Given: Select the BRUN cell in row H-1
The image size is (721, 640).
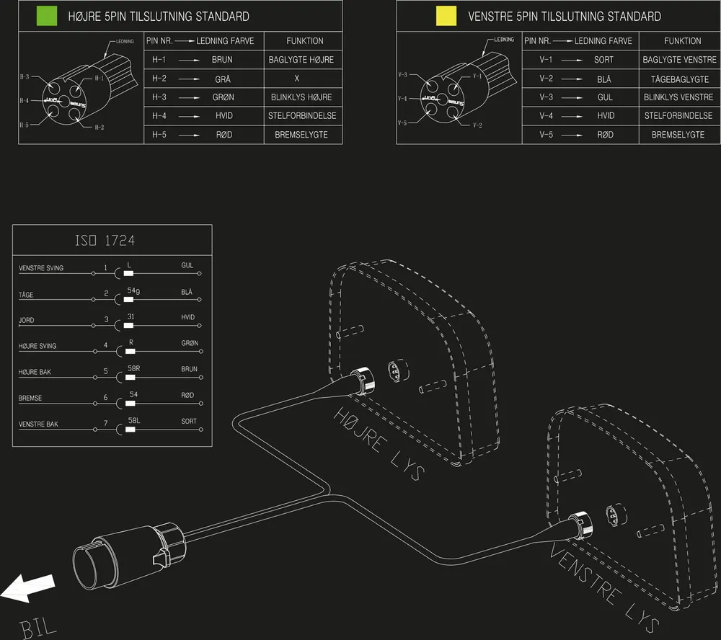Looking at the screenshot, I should (222, 60).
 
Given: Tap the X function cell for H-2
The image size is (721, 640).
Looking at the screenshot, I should (296, 79).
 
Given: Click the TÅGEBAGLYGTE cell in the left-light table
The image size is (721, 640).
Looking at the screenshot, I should (679, 79).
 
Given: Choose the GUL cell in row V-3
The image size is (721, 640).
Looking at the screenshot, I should (605, 97).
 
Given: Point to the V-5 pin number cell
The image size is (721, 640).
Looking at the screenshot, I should (546, 135).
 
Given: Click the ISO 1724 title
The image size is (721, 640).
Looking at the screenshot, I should (105, 240).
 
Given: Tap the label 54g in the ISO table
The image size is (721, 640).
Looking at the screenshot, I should (133, 290).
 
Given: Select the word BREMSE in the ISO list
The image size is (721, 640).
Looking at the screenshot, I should (30, 398).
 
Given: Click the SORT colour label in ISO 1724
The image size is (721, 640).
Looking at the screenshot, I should (189, 421).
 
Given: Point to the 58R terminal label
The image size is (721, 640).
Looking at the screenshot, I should (133, 368).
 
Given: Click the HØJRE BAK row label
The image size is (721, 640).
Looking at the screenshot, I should (35, 372).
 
